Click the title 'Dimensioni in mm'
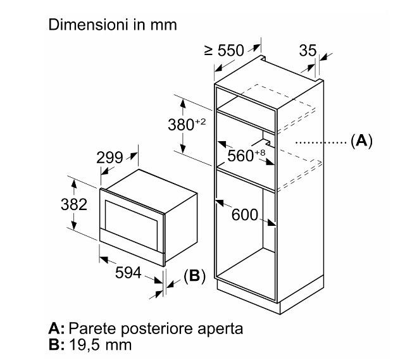click(113, 25)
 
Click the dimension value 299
click(109, 158)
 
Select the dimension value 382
click(58, 204)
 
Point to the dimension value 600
click(245, 215)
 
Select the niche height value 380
click(182, 125)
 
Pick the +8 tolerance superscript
click(259, 152)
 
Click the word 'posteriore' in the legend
click(158, 330)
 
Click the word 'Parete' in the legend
click(90, 330)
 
